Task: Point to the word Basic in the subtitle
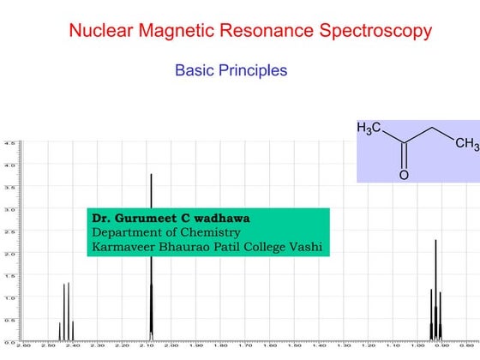(x=192, y=70)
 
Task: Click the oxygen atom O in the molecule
(x=404, y=176)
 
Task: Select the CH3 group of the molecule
(x=466, y=144)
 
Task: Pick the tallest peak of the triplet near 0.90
(x=435, y=283)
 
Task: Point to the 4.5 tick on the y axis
(x=9, y=142)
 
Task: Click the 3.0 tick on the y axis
(x=9, y=209)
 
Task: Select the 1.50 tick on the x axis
(x=294, y=346)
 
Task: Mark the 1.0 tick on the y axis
(x=9, y=297)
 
